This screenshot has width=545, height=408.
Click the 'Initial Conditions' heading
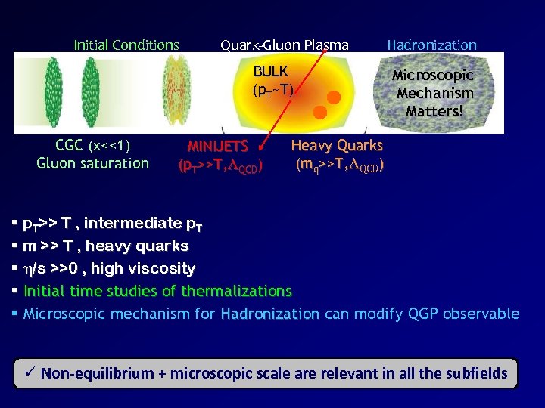coord(126,45)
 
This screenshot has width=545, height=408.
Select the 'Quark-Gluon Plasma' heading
coord(285,45)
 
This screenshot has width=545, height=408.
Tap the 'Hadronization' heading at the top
coord(432,45)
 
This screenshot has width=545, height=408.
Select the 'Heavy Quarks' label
coord(337,145)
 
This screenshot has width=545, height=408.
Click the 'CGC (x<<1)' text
coord(93,146)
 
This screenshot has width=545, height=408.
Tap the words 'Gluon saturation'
coord(93,163)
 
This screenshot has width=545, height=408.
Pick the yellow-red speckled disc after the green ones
coord(176,91)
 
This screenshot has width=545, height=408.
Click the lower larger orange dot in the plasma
coord(320,113)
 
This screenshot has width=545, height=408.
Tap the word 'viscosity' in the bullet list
coord(163,269)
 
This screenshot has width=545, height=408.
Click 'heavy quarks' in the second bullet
coord(151,246)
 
